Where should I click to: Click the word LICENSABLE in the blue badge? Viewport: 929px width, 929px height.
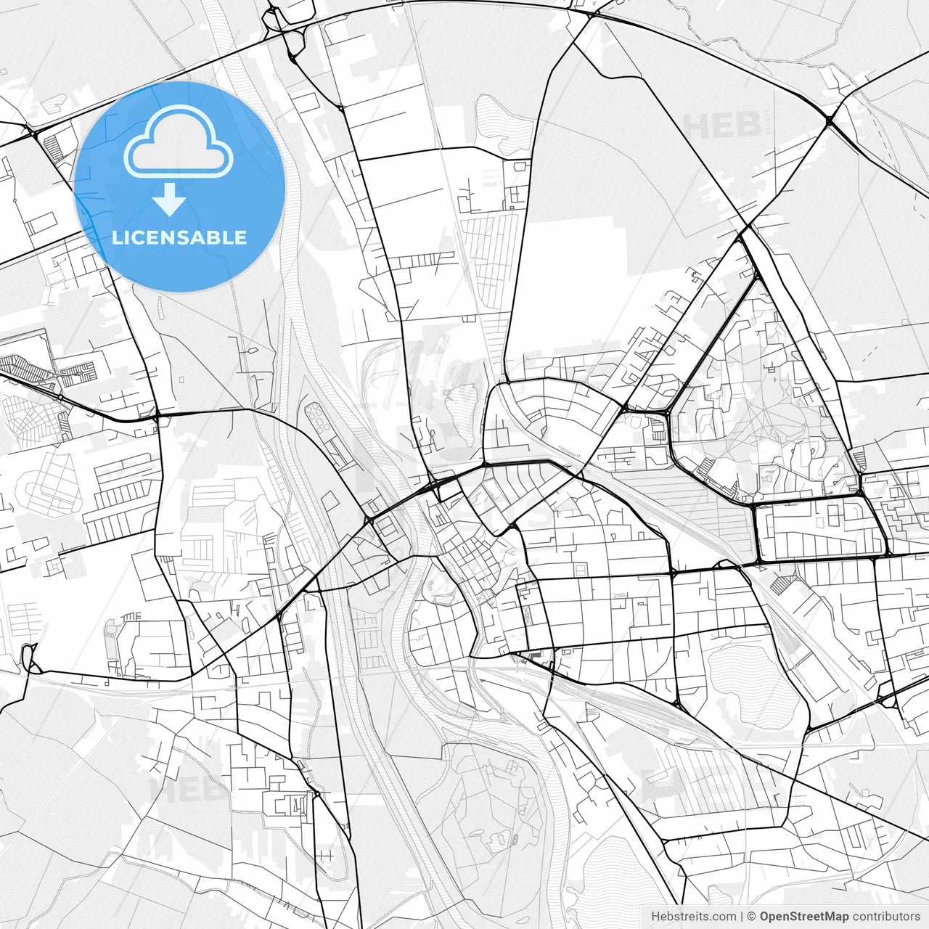coord(179,237)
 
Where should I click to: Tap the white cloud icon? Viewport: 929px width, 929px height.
coord(179,142)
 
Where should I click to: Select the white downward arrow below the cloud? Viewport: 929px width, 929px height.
coord(170,199)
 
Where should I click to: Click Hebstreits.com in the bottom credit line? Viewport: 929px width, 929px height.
coord(693,917)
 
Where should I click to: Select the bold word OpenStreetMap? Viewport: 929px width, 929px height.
coord(804,917)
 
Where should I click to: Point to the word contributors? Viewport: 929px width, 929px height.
coord(886,917)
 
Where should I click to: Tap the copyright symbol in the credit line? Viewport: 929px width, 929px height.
coord(752,917)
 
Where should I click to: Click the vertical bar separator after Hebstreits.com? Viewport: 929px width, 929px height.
coord(742,917)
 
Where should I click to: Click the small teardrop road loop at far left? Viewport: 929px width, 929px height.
coord(29,656)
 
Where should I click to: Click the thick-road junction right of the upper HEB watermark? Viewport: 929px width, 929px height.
coord(828,122)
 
